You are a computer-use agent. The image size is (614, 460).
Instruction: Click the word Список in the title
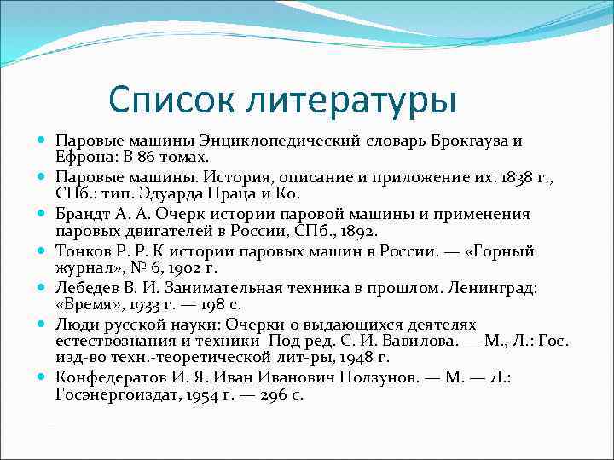[173, 99]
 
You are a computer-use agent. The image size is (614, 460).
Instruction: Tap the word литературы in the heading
[350, 100]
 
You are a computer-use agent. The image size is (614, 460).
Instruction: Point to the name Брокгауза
[465, 141]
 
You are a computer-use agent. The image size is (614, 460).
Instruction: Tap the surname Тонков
[81, 250]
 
